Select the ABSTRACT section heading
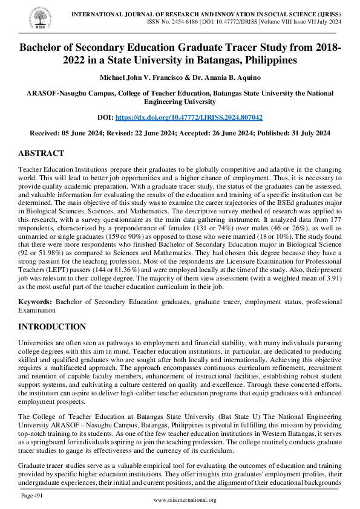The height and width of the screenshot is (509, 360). (x=41, y=154)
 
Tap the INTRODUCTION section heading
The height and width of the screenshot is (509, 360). (x=52, y=327)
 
